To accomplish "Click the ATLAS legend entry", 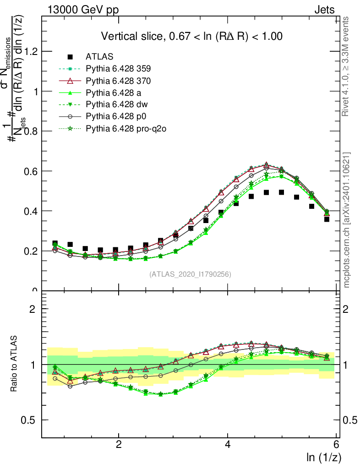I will (x=96, y=57).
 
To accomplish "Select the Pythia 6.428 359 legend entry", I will (x=118, y=69).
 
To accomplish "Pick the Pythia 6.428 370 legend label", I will (x=118, y=81).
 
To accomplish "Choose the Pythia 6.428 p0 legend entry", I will (x=115, y=117).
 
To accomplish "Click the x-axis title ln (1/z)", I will (x=323, y=457).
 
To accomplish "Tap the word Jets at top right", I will (x=324, y=10).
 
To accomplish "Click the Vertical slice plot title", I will (x=191, y=36).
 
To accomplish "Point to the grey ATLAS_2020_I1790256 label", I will (x=190, y=274).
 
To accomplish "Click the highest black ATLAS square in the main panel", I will (x=281, y=192).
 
